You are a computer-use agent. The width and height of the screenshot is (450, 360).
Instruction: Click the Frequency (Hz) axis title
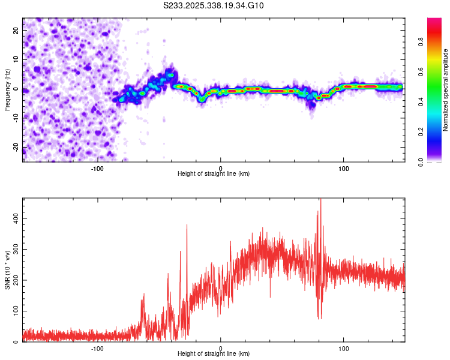click(x=7, y=90)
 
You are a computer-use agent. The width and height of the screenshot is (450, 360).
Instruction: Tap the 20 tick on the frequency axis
click(x=16, y=30)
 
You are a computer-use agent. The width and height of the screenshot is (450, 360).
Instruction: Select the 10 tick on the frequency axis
click(x=16, y=59)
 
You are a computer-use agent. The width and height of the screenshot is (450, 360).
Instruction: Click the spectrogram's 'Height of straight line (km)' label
click(x=214, y=174)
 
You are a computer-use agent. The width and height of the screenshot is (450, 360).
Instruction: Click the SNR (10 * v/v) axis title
click(x=7, y=270)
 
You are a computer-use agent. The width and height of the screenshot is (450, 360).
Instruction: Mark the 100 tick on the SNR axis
click(x=15, y=311)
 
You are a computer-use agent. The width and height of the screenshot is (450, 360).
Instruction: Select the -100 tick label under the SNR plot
click(x=97, y=348)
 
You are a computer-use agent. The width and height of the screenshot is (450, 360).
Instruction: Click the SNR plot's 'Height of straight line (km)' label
click(x=214, y=355)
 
